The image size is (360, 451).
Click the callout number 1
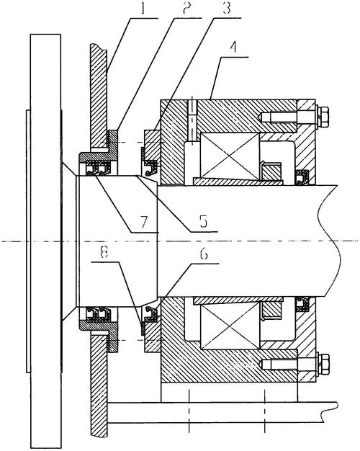click(x=143, y=9)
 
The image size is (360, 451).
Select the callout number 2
click(x=186, y=9)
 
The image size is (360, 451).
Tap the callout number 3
click(x=226, y=9)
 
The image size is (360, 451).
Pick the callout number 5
click(x=204, y=221)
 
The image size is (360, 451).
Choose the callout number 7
click(x=143, y=221)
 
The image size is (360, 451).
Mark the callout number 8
click(x=104, y=253)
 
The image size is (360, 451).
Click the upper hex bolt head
click(x=323, y=117)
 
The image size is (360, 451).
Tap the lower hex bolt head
click(x=323, y=364)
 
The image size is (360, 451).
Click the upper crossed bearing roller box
click(x=230, y=156)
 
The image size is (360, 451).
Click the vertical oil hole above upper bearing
click(x=192, y=120)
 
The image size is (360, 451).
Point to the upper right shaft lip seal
click(x=302, y=177)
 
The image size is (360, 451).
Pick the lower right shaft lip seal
click(x=302, y=304)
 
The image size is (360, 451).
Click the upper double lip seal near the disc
click(x=98, y=169)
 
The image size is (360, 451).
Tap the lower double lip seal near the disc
click(x=98, y=314)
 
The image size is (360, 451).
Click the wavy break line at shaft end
click(x=330, y=241)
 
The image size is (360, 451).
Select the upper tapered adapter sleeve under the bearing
click(x=238, y=182)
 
